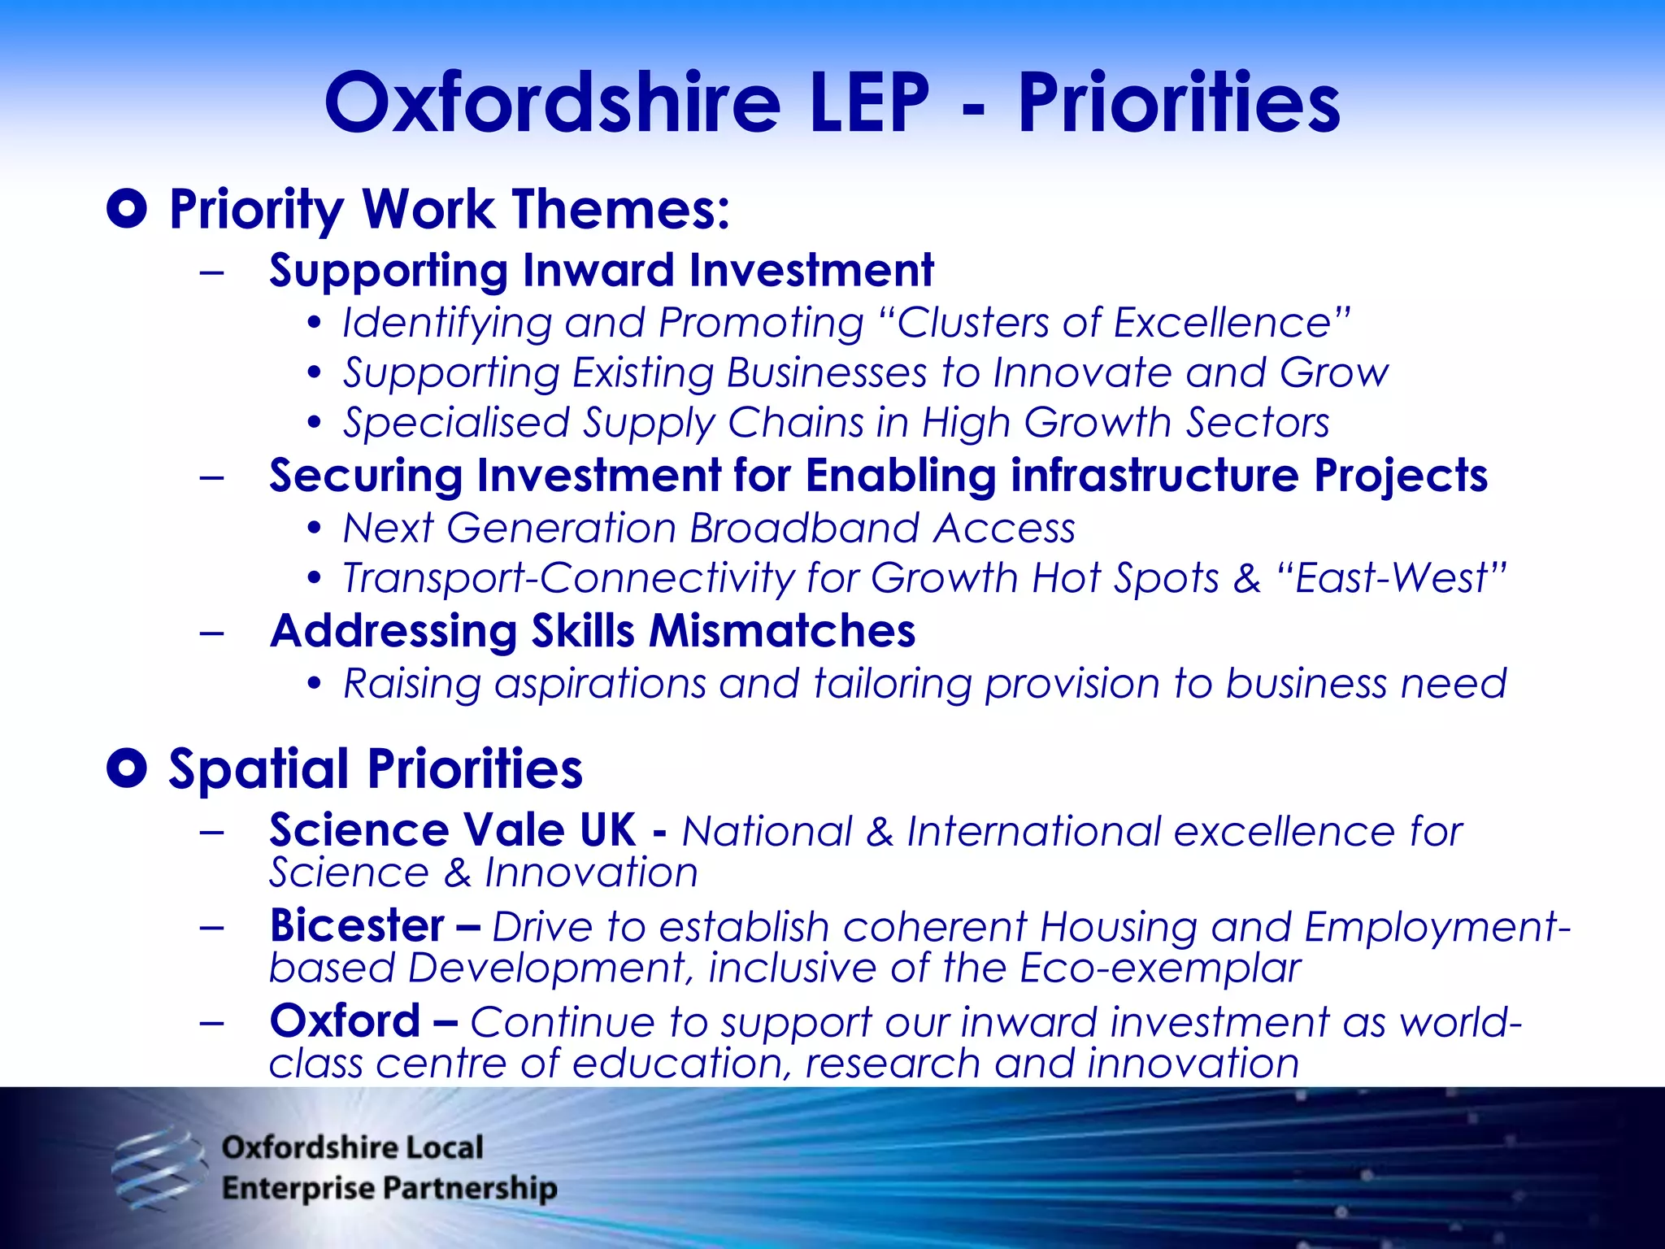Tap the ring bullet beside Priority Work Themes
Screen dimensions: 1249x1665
(x=127, y=209)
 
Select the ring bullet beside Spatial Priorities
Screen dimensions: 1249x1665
(x=127, y=768)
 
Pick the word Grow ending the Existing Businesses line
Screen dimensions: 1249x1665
(x=1334, y=373)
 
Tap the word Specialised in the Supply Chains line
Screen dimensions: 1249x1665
(x=456, y=424)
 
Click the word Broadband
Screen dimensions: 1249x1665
(x=804, y=529)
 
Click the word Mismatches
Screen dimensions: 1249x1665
(x=782, y=631)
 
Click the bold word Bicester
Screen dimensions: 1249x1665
(x=357, y=925)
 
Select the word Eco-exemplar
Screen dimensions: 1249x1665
(x=1160, y=968)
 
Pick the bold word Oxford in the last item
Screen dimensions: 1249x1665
(x=346, y=1021)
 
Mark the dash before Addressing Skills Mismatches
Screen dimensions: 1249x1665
(x=211, y=632)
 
